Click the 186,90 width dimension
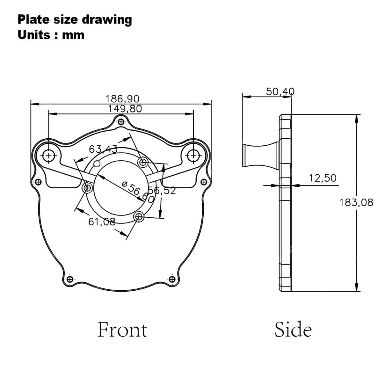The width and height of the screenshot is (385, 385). [x=122, y=99]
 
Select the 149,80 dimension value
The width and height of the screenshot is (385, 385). [x=125, y=109]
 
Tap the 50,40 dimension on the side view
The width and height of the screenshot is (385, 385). [x=280, y=92]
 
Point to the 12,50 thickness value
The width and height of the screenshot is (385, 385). [x=323, y=178]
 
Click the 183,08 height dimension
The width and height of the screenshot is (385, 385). [x=356, y=203]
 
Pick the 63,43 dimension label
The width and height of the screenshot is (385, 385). [x=103, y=149]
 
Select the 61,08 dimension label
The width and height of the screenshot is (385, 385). [x=102, y=222]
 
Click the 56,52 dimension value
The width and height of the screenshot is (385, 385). [x=162, y=190]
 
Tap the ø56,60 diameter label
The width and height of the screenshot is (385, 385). [x=138, y=192]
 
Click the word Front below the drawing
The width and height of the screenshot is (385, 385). [x=122, y=330]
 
